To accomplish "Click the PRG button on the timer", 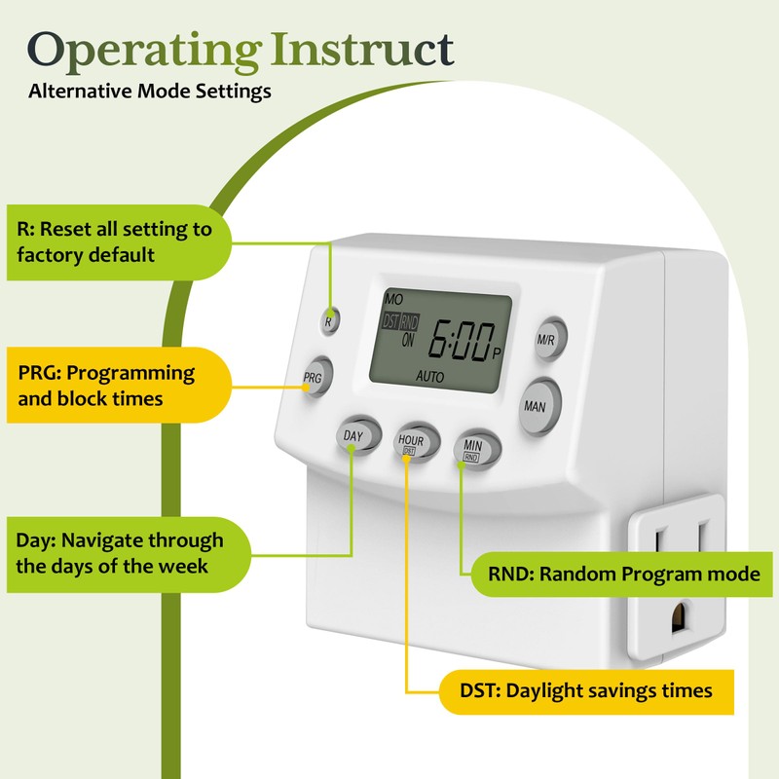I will tap(314, 377).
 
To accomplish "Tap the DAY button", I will tap(353, 436).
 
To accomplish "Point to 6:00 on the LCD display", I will tap(458, 342).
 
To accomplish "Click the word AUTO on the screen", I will tap(430, 375).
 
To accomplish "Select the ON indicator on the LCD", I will tap(407, 341).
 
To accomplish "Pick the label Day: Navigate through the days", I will tap(122, 552).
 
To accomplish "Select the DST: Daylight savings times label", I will tap(584, 690).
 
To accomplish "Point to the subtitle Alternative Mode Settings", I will tap(150, 93).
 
